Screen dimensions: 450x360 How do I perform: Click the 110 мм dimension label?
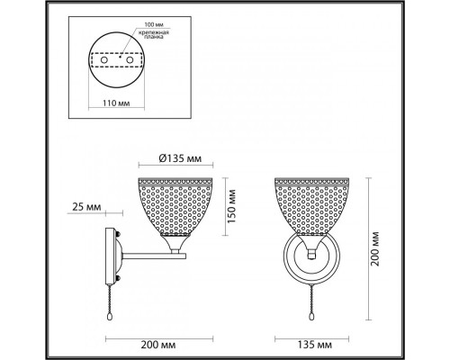[x=116, y=103]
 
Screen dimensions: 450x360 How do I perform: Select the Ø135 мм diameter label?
[x=180, y=158]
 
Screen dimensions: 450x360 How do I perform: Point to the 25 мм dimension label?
[x=86, y=207]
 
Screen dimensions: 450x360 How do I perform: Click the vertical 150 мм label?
[x=231, y=206]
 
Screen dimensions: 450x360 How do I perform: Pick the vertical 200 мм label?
[x=375, y=248]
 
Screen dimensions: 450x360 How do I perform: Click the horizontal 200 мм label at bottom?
[x=158, y=345]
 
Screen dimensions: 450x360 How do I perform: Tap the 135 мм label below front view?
[x=314, y=345]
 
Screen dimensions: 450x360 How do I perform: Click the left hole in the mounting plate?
[x=103, y=60]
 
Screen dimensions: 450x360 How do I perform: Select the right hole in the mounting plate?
[x=130, y=60]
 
